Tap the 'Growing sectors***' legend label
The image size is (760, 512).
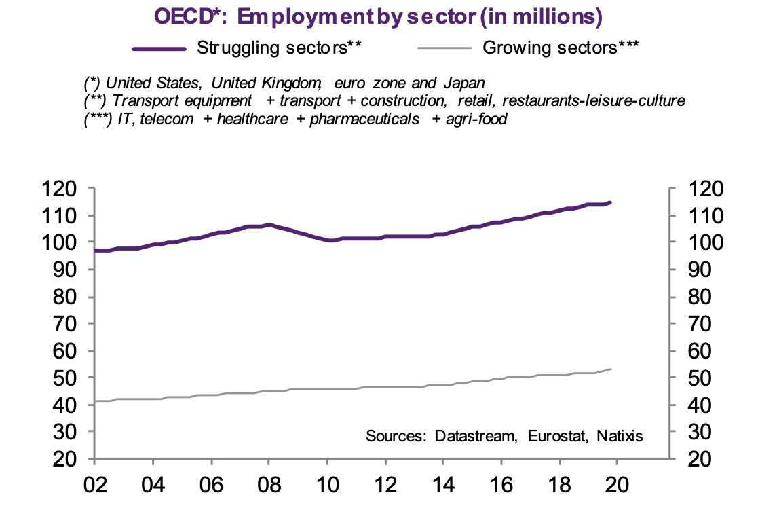pyautogui.click(x=561, y=48)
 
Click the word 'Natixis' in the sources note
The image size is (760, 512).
pyautogui.click(x=619, y=435)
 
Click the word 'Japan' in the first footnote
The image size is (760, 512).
pyautogui.click(x=465, y=84)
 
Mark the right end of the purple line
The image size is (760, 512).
pyautogui.click(x=610, y=202)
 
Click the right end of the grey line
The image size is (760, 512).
pyautogui.click(x=610, y=369)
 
